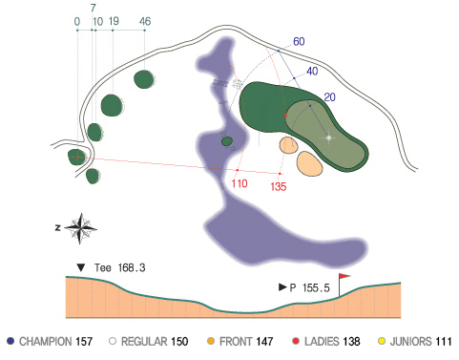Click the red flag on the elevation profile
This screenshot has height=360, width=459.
[344, 276]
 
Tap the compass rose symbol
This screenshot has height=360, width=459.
[81, 228]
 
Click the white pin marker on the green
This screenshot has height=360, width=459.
[329, 138]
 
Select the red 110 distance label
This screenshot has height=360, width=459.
[240, 183]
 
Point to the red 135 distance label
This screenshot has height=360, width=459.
[279, 186]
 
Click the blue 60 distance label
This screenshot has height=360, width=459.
[299, 41]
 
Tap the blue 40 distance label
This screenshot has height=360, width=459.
[312, 71]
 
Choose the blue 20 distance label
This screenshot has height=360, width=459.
[329, 97]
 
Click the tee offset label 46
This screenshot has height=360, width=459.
[145, 21]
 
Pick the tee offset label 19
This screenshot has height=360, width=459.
[114, 21]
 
